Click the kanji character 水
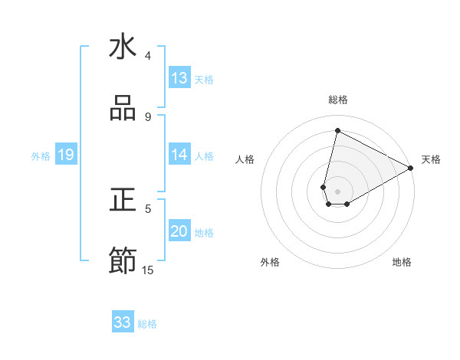click(123, 47)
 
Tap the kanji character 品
click(123, 109)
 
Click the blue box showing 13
click(179, 78)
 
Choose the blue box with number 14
click(179, 155)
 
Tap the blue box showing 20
click(179, 231)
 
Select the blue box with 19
click(65, 155)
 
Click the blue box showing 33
click(123, 322)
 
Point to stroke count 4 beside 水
click(148, 56)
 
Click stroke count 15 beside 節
click(148, 270)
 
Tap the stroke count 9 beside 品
click(148, 117)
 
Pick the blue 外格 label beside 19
click(41, 155)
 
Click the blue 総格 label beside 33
click(147, 323)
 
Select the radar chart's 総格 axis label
click(338, 100)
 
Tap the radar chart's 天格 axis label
click(431, 159)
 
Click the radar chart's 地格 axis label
click(402, 262)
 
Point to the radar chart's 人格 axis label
click(245, 159)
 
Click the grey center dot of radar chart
click(338, 191)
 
